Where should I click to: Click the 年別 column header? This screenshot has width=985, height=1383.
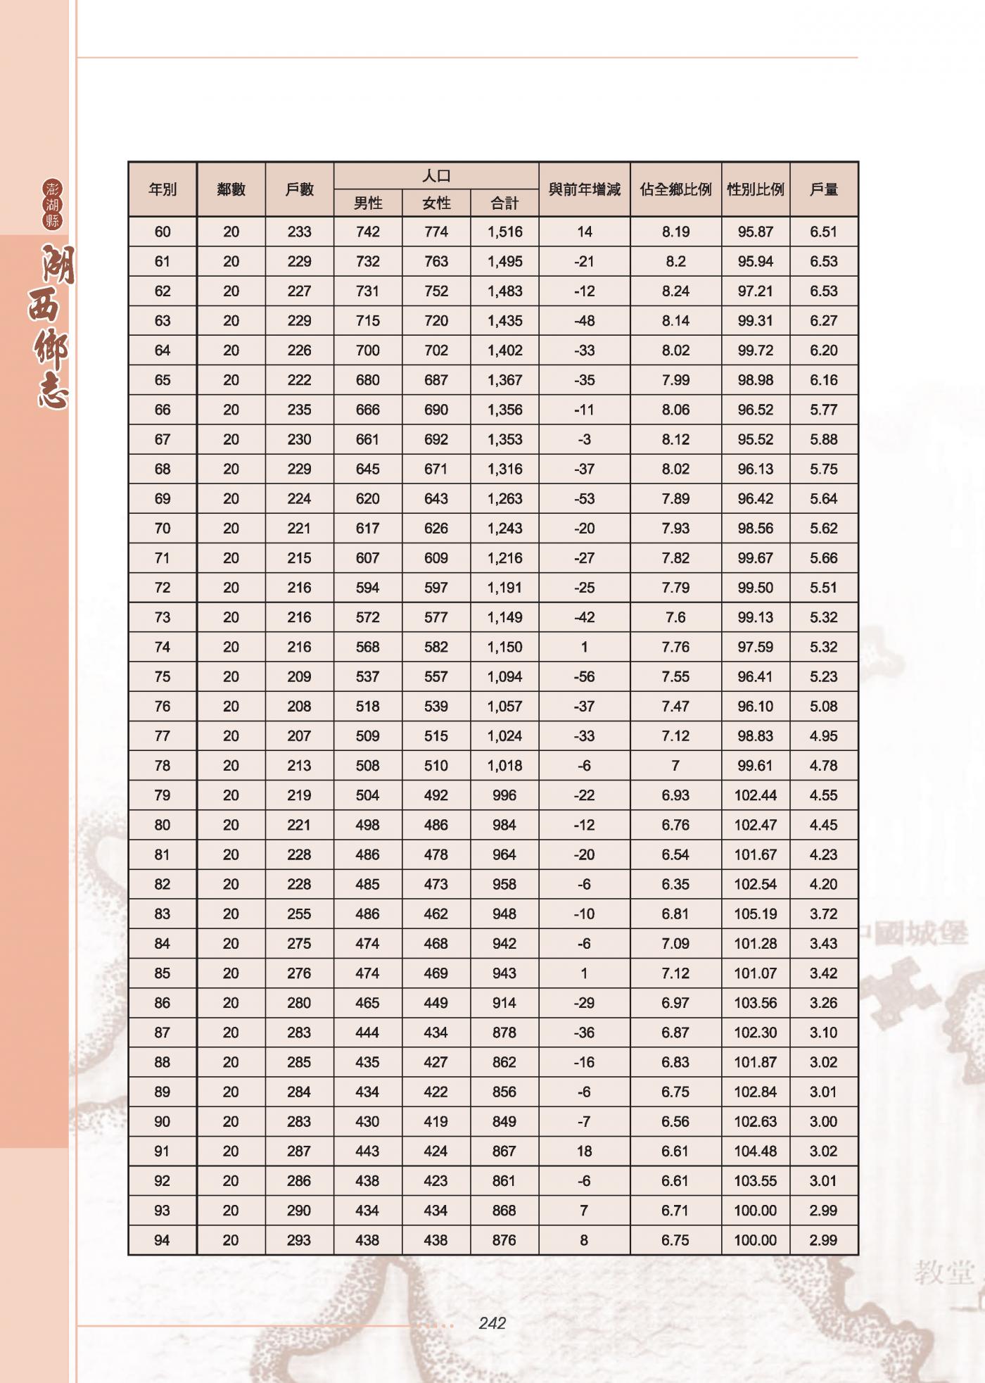coord(163,189)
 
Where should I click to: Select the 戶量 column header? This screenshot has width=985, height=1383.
coord(823,189)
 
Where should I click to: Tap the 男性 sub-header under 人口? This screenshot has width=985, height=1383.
coord(367,203)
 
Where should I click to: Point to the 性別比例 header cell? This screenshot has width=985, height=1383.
coord(756,189)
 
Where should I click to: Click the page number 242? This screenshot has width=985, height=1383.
coord(492,1323)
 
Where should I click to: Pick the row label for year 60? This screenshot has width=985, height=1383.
coord(163,232)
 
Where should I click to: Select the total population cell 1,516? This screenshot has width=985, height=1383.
coord(504,232)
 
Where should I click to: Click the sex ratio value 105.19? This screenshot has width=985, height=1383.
coord(756,914)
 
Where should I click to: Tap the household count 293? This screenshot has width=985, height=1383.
coord(299,1240)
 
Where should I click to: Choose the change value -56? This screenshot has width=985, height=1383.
coord(584,676)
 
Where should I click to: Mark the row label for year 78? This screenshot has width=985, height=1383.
coord(163,765)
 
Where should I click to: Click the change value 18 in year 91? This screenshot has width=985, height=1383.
coord(584,1151)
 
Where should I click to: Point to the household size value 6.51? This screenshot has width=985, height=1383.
coord(823,232)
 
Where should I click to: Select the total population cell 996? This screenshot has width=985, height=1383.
coord(504,795)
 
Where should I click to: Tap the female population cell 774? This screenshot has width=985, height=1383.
coord(436,232)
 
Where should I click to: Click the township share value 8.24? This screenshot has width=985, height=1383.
coord(675,291)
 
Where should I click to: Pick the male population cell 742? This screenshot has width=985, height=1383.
coord(367,232)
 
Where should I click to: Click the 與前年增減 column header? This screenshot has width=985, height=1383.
coord(584,189)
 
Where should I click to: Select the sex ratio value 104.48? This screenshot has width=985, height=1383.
coord(756,1151)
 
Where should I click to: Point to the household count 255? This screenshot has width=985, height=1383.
coord(299,914)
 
